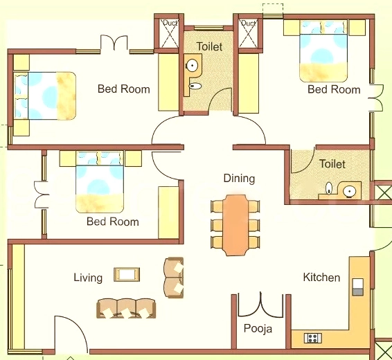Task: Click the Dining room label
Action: click(x=239, y=179)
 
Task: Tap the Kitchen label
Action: click(x=321, y=278)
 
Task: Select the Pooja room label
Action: click(x=258, y=329)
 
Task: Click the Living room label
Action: click(x=88, y=278)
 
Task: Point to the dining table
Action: click(x=235, y=226)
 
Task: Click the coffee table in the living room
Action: click(x=127, y=275)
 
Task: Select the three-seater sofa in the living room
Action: click(x=126, y=309)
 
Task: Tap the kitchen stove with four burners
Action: click(x=313, y=339)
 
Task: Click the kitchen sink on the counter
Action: click(x=357, y=287)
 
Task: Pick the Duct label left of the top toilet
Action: click(x=170, y=23)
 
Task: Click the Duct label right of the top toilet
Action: click(x=248, y=24)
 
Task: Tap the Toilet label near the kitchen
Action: click(x=332, y=164)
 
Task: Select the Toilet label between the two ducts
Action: click(x=209, y=46)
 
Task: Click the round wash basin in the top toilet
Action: click(x=193, y=66)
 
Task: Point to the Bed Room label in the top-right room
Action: click(x=334, y=89)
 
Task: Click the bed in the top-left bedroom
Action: click(x=45, y=96)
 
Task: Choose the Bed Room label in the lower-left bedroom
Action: click(x=112, y=222)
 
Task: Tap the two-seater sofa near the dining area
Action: click(x=174, y=278)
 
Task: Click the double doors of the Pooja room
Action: click(x=260, y=305)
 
